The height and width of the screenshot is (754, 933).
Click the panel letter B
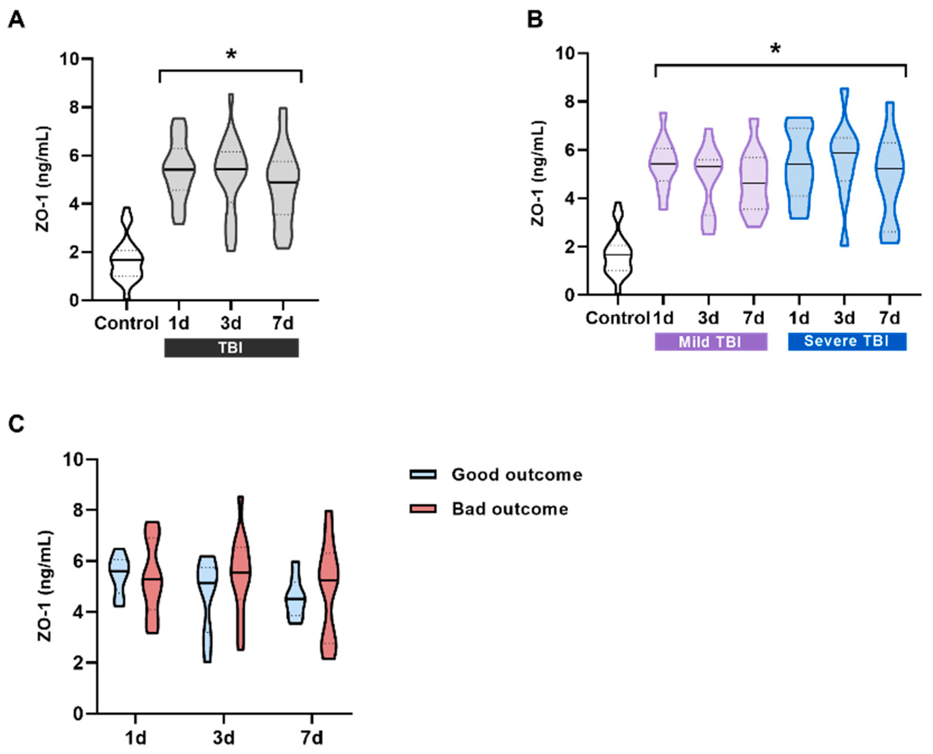pyautogui.click(x=535, y=20)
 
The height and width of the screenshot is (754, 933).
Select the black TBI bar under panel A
pyautogui.click(x=231, y=348)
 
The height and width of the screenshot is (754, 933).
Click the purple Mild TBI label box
pyautogui.click(x=711, y=341)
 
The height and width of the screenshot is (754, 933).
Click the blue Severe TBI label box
pyautogui.click(x=847, y=341)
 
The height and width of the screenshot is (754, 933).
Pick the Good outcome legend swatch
pyautogui.click(x=423, y=474)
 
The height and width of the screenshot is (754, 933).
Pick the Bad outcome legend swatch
pyautogui.click(x=423, y=508)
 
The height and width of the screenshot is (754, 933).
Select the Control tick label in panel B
pyautogui.click(x=617, y=319)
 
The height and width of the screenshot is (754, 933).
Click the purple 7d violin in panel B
pyautogui.click(x=754, y=182)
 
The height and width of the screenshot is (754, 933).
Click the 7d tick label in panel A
pyautogui.click(x=282, y=323)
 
